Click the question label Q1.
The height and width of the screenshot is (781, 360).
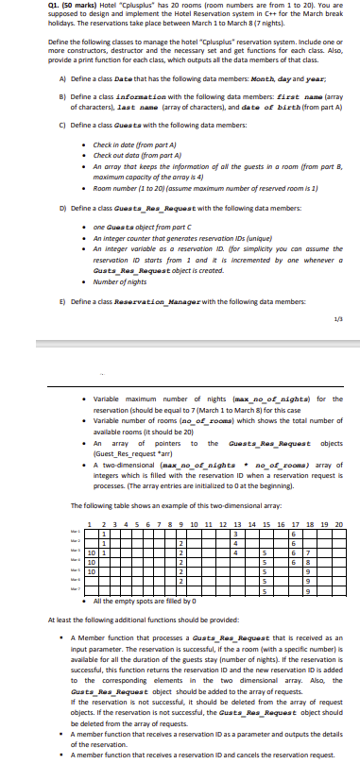pyautogui.click(x=11, y=6)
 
